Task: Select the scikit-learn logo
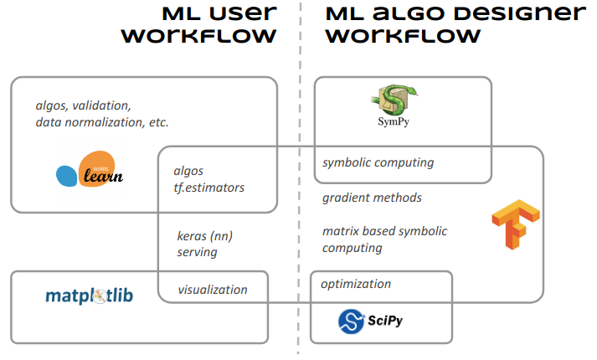(x=90, y=171)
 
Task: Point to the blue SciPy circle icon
(x=350, y=321)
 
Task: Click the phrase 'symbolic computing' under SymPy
(x=378, y=162)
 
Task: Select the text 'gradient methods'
(x=372, y=198)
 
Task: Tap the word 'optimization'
(x=356, y=284)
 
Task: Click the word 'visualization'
(x=213, y=290)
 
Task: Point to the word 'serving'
(x=198, y=251)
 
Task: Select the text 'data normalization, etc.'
(x=102, y=122)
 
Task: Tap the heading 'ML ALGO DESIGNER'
(x=455, y=13)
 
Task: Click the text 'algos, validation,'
(x=83, y=105)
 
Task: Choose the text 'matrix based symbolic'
(x=384, y=231)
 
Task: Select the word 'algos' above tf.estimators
(x=188, y=171)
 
